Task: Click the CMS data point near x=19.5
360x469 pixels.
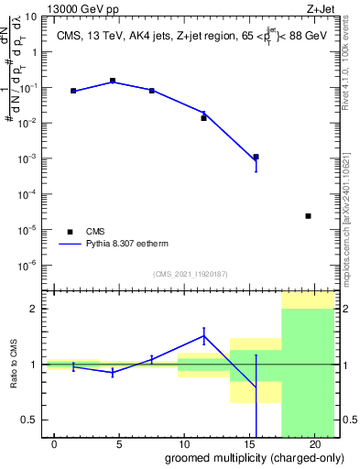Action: [x=308, y=216]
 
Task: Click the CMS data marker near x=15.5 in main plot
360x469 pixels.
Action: [x=256, y=157]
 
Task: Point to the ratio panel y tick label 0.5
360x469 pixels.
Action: [x=29, y=420]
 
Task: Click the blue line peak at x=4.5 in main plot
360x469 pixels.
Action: [x=113, y=81]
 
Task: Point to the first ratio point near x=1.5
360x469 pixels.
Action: [x=73, y=366]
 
